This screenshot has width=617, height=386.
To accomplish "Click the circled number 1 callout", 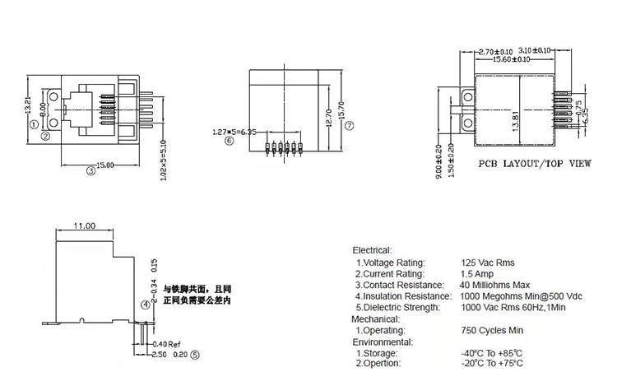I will (x=34, y=124).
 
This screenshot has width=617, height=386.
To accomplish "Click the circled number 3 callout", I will (x=90, y=170).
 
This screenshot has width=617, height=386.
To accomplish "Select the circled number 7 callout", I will (x=349, y=125).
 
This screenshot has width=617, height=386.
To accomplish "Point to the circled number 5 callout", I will (x=195, y=355).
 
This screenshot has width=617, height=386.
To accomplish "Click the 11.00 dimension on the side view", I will (x=86, y=226).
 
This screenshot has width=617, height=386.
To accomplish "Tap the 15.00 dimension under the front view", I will (x=105, y=165).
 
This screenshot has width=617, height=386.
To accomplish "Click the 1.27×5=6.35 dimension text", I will (x=235, y=131).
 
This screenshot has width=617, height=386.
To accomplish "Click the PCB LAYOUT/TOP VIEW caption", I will (x=535, y=164).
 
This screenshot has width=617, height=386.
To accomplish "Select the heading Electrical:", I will (x=372, y=249).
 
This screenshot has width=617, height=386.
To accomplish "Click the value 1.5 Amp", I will (x=477, y=273).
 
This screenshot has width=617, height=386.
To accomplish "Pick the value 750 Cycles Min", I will (x=491, y=329).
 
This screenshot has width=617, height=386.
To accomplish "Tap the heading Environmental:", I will (x=383, y=341).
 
